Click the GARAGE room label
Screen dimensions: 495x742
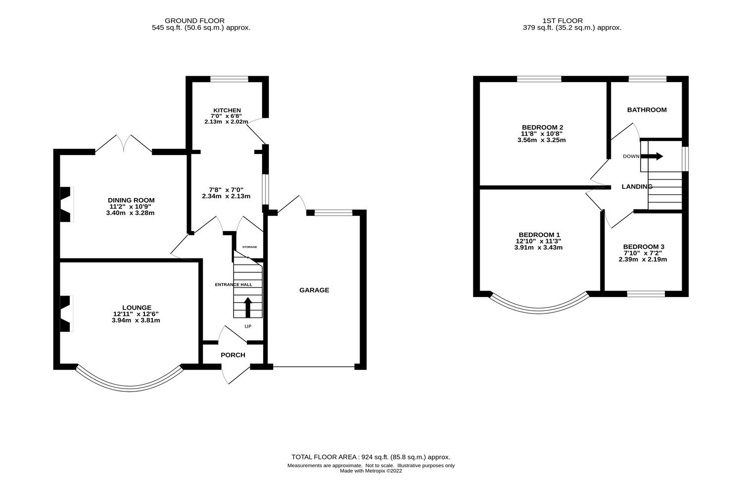(314, 290)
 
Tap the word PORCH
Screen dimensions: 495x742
(233, 355)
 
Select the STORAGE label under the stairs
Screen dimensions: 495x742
(249, 247)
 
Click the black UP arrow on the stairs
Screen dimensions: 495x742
(247, 307)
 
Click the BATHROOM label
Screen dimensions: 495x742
(647, 110)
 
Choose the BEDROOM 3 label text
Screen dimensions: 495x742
(644, 247)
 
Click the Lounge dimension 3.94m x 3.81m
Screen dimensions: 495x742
(136, 320)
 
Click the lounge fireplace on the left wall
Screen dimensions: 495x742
(65, 313)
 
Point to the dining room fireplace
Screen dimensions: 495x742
(65, 204)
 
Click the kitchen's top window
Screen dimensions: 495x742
(229, 79)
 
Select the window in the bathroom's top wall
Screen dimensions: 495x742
(647, 79)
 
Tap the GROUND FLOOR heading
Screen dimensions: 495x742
(194, 21)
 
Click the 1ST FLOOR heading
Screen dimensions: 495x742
(562, 21)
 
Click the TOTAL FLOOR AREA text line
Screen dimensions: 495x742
(371, 457)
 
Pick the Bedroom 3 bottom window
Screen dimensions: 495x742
(646, 294)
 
